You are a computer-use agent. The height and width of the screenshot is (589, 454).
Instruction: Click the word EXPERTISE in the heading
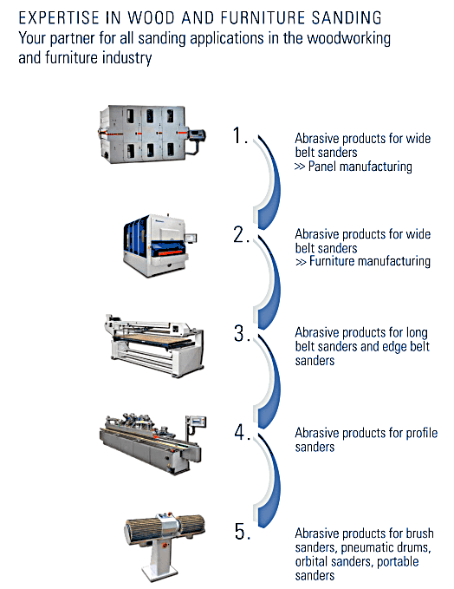[59, 17]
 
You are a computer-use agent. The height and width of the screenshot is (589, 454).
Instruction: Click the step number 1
[240, 135]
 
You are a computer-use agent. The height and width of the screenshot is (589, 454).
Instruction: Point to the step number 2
[241, 235]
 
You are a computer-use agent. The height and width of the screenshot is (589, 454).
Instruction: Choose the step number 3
[241, 334]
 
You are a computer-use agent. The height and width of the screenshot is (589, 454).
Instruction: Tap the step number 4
[242, 432]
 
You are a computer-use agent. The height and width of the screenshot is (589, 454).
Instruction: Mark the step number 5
[242, 531]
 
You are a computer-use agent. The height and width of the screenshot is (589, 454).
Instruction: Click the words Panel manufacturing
[360, 167]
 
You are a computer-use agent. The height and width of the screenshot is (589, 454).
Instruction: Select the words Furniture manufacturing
[370, 261]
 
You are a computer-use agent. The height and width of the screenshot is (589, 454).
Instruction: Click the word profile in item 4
[421, 433]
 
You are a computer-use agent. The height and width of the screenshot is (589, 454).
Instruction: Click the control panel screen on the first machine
[198, 134]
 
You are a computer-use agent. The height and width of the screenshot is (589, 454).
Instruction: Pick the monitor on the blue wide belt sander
[191, 239]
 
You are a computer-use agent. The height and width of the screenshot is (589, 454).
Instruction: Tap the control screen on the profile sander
[198, 422]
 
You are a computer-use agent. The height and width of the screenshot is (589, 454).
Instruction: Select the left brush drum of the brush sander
[141, 530]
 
